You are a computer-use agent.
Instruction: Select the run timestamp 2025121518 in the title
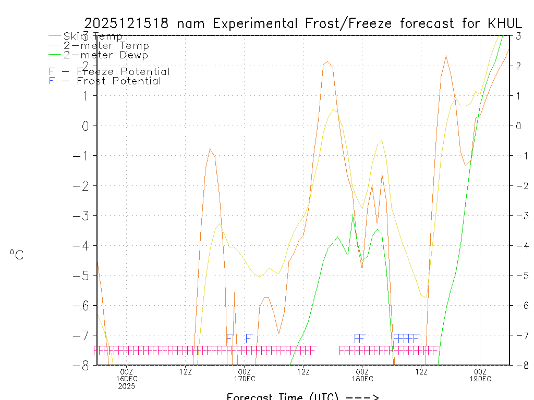pyautogui.click(x=126, y=23)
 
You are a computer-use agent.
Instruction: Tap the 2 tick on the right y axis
pyautogui.click(x=518, y=66)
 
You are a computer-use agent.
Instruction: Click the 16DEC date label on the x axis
pyautogui.click(x=126, y=379)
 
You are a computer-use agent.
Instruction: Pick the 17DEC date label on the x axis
pyautogui.click(x=244, y=379)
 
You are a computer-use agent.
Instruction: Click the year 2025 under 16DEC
pyautogui.click(x=126, y=386)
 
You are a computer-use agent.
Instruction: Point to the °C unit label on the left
pyautogui.click(x=17, y=255)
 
